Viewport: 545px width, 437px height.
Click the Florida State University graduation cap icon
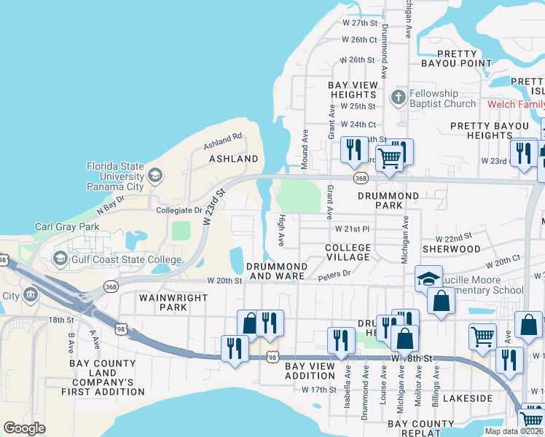click(154, 176)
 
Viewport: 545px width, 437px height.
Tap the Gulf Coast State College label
click(125, 259)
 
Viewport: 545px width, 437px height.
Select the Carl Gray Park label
click(67, 227)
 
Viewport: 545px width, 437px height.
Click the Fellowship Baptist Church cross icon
click(398, 98)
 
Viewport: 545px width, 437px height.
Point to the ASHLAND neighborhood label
click(234, 158)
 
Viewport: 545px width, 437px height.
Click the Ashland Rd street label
click(222, 139)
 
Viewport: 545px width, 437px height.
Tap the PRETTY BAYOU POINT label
click(457, 58)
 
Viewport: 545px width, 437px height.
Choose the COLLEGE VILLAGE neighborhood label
click(348, 253)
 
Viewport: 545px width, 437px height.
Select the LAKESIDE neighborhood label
click(468, 398)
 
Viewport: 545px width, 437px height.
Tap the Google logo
click(24, 428)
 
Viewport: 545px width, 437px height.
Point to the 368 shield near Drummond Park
click(361, 178)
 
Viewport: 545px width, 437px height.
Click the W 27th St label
click(358, 23)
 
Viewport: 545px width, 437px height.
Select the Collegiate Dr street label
click(179, 210)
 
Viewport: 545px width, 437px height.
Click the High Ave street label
click(281, 229)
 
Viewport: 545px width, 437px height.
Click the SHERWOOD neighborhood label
click(456, 248)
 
